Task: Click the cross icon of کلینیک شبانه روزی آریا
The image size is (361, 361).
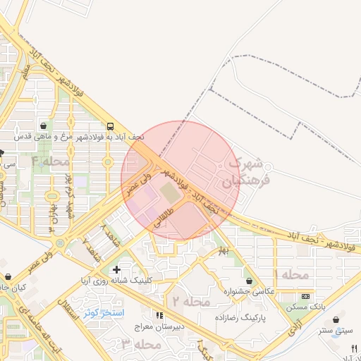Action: pyautogui.click(x=116, y=269)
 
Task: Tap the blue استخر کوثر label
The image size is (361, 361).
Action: pyautogui.click(x=104, y=312)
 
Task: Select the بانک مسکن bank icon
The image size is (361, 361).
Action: pyautogui.click(x=305, y=296)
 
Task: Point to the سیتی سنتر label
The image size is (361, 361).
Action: pyautogui.click(x=334, y=330)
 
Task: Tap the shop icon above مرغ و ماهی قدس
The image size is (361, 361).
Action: pyautogui.click(x=44, y=125)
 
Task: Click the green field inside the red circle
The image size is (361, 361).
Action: pyautogui.click(x=169, y=191)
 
